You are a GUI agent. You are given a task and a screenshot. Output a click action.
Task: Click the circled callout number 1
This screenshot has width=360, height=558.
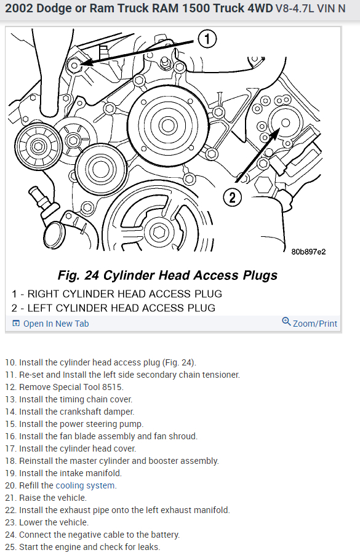pyautogui.click(x=207, y=39)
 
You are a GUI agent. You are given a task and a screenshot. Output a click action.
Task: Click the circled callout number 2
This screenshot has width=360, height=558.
pyautogui.click(x=232, y=197)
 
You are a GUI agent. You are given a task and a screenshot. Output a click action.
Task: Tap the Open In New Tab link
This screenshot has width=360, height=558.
pyautogui.click(x=50, y=324)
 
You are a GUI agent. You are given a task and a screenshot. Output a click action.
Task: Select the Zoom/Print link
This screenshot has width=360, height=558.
pyautogui.click(x=310, y=323)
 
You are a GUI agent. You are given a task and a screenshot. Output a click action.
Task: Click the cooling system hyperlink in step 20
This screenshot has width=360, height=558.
pyautogui.click(x=85, y=485)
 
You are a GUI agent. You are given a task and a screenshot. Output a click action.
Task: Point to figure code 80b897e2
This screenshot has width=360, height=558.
pyautogui.click(x=308, y=252)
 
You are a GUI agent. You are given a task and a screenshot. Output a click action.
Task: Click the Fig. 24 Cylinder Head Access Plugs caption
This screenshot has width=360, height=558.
pyautogui.click(x=167, y=275)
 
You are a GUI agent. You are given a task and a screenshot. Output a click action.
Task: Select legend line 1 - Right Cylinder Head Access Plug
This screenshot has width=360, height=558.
pyautogui.click(x=117, y=293)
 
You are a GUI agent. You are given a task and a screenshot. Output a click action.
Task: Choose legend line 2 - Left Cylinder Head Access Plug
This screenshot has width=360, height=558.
pyautogui.click(x=113, y=308)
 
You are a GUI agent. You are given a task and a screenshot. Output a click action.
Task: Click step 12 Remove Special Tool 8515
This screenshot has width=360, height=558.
pyautogui.click(x=65, y=387)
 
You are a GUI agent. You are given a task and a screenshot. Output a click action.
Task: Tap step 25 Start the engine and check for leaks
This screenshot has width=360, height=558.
pyautogui.click(x=82, y=547)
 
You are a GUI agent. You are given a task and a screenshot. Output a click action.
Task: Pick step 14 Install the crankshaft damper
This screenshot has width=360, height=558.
pyautogui.click(x=70, y=412)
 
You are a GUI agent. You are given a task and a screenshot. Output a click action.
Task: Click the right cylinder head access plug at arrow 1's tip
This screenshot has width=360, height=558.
pyautogui.click(x=75, y=65)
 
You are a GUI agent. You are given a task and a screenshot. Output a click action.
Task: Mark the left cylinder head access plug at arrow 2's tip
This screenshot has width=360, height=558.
pyautogui.click(x=285, y=123)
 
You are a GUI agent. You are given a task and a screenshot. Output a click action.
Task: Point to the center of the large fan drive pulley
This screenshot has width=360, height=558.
pyautogui.click(x=167, y=126)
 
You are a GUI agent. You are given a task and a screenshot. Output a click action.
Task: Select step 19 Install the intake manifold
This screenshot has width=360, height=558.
pyautogui.click(x=63, y=473)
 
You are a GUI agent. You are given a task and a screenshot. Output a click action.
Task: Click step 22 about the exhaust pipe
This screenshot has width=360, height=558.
pyautogui.click(x=118, y=510)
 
